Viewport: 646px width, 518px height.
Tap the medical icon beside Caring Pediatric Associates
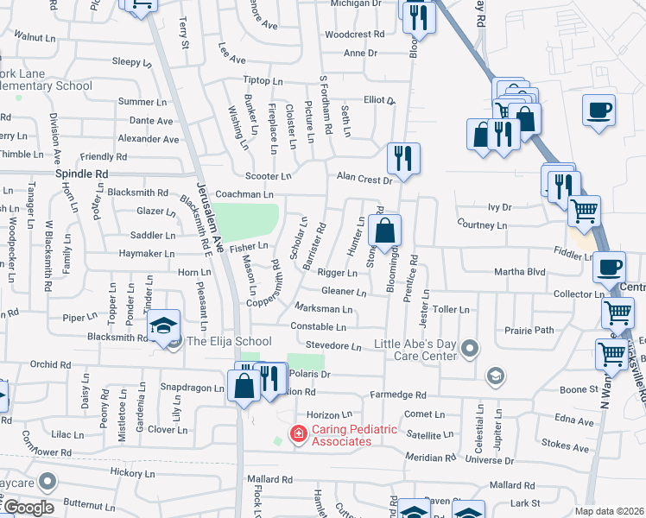click(x=298, y=433)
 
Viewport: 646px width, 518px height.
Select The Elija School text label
click(x=230, y=342)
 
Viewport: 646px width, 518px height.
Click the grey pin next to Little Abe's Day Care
click(x=470, y=349)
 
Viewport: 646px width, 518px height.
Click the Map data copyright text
click(x=609, y=511)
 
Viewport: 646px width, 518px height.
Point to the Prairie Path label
click(x=529, y=330)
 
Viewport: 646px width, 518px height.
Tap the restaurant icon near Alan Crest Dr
click(x=403, y=158)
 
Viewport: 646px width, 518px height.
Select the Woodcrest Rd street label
click(x=354, y=35)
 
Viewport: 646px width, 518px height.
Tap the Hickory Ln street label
click(x=132, y=473)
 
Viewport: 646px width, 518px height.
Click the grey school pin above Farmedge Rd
click(x=496, y=375)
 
